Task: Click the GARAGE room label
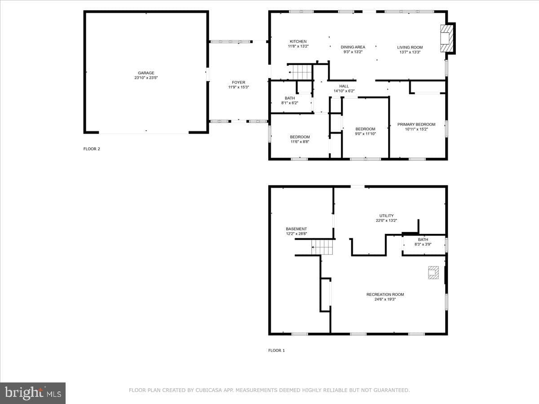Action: click(x=146, y=73)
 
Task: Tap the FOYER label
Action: click(x=239, y=83)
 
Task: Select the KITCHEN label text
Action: click(x=298, y=41)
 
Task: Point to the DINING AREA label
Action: click(x=353, y=47)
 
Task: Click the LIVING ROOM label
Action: click(x=410, y=47)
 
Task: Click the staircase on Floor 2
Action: click(x=300, y=72)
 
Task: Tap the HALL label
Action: click(x=344, y=86)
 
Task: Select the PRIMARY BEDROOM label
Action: click(x=416, y=124)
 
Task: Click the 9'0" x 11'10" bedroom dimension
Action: click(x=365, y=134)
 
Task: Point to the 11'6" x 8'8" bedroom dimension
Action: click(x=300, y=141)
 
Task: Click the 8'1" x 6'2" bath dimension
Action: click(x=290, y=103)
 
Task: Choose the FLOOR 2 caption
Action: click(x=92, y=149)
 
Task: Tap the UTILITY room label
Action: click(x=386, y=215)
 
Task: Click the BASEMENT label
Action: click(x=296, y=229)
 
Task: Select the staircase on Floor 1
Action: click(x=322, y=247)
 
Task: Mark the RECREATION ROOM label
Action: click(x=385, y=294)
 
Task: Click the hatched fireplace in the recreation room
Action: click(x=433, y=272)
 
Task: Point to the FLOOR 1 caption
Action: click(x=277, y=350)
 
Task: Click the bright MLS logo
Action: click(x=33, y=393)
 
